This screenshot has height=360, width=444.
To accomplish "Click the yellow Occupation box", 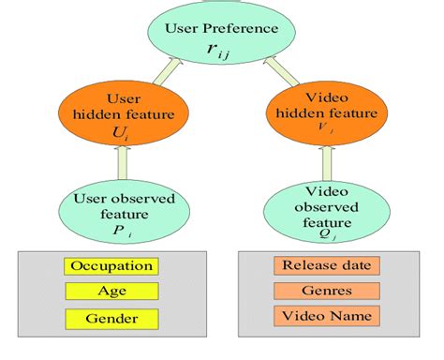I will [112, 266].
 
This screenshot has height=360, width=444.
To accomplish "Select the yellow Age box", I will [112, 292].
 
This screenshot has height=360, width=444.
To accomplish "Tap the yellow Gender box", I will [112, 319].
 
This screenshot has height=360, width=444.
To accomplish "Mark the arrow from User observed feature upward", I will [117, 165].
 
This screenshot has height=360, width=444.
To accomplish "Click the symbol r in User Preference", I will [216, 50].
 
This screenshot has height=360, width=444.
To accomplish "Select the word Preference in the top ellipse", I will [246, 28].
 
